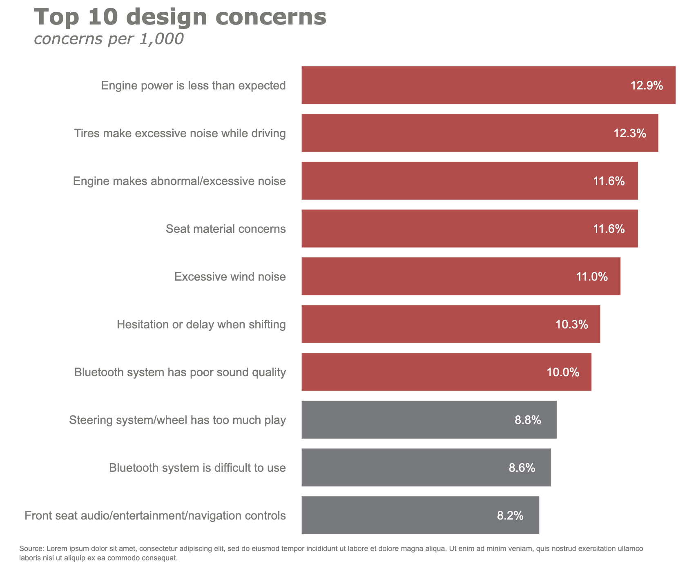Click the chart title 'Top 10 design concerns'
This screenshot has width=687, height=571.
tap(180, 17)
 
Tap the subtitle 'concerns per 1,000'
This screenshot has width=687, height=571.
tap(109, 39)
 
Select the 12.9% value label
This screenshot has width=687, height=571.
tap(647, 85)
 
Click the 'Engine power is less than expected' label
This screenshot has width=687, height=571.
tap(193, 86)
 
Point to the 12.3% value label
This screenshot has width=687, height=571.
tap(630, 133)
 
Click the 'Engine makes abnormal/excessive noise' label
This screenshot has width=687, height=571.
tap(179, 181)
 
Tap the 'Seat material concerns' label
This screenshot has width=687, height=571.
tap(225, 229)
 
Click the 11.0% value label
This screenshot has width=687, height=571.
tap(592, 277)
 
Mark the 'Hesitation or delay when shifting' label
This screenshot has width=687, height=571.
tap(201, 324)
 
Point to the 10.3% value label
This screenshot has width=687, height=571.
tap(572, 325)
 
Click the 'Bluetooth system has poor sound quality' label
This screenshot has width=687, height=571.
tap(180, 372)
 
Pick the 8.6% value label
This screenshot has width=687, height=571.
tap(522, 468)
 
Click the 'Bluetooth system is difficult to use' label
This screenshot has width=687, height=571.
tap(197, 468)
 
